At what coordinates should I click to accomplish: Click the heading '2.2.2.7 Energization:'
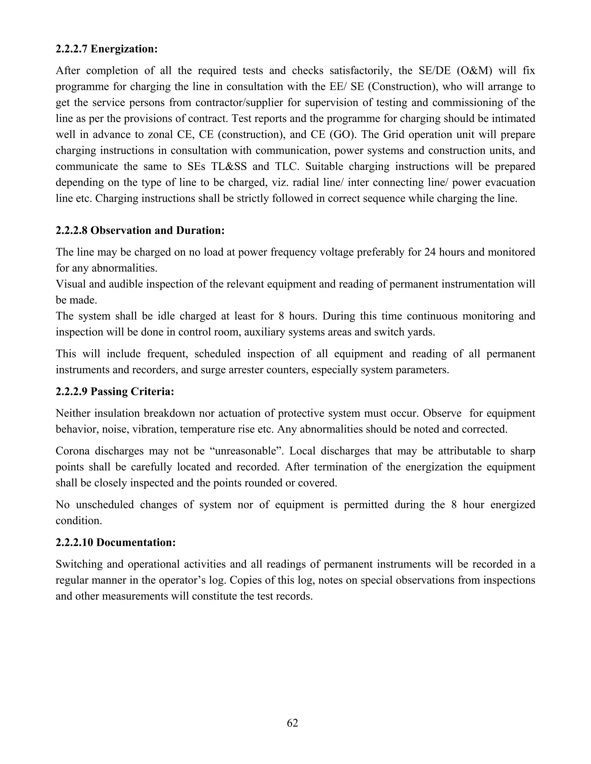click(107, 49)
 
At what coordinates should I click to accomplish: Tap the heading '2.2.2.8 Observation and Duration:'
click(140, 231)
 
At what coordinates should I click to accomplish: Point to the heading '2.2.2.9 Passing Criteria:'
click(115, 392)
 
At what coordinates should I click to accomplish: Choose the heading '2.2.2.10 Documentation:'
click(115, 543)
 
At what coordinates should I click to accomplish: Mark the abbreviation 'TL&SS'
click(229, 167)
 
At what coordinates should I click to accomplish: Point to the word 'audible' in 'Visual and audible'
click(126, 284)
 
